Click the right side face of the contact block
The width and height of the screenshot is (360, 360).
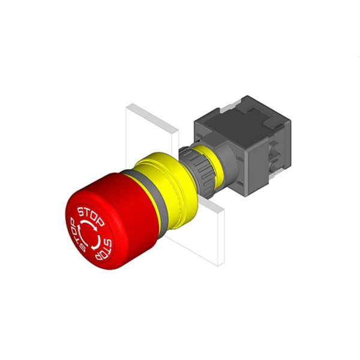(278, 150)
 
